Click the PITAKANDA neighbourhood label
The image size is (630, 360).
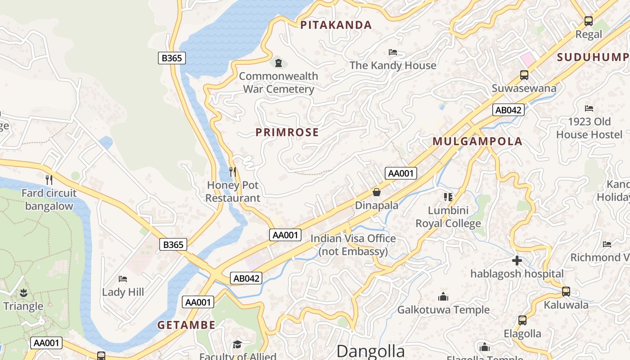click(336, 25)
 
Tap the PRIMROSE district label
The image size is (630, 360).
click(287, 132)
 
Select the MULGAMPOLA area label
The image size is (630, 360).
click(477, 141)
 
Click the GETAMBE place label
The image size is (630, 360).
click(186, 325)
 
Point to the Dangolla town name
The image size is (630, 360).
click(370, 351)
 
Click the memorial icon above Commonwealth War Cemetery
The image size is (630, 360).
click(279, 63)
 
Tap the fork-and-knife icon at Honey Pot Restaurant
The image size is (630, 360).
click(233, 171)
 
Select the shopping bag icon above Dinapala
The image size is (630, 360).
click(377, 192)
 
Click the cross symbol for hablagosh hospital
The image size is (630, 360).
click(517, 260)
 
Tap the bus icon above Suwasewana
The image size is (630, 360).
click(524, 75)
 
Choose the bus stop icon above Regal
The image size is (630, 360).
click(588, 21)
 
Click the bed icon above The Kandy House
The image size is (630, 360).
click(393, 52)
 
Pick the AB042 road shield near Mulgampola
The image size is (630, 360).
click(508, 110)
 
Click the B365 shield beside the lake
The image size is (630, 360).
click(172, 58)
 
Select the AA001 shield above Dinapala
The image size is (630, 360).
click(400, 173)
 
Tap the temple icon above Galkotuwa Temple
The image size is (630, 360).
click(443, 297)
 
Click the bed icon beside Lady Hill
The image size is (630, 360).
click(123, 279)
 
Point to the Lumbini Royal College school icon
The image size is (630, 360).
click(448, 197)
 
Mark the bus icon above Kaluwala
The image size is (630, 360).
click(566, 292)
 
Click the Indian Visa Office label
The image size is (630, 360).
click(353, 245)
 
